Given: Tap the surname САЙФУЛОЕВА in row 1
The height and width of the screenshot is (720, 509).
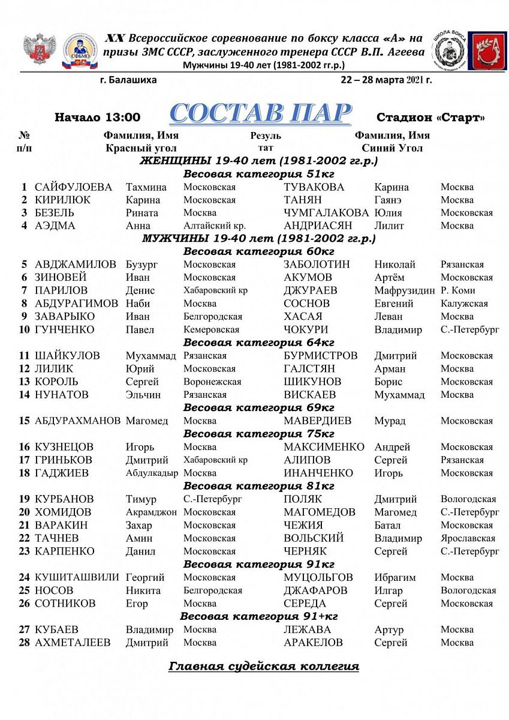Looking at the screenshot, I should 73,187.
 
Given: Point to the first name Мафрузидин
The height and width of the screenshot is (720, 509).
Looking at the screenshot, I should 404,291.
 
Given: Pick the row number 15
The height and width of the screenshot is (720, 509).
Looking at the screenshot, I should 24,421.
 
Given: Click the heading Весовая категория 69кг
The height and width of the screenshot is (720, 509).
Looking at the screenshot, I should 258,408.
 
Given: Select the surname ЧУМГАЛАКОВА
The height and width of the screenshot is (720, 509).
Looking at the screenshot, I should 326,213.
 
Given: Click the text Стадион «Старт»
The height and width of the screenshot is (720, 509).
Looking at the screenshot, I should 430,118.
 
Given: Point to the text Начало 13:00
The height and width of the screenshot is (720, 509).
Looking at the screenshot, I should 97,118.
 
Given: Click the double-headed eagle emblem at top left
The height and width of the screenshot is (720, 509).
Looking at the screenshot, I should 40,50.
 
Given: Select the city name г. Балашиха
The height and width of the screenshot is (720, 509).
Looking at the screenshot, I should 129,80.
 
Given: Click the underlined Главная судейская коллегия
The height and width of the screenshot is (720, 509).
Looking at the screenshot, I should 264,667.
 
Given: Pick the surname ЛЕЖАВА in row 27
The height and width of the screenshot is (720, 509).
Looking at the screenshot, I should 307,630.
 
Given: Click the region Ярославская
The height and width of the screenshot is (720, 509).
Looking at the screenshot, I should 468,539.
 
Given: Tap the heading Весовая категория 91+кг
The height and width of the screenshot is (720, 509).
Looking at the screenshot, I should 259,617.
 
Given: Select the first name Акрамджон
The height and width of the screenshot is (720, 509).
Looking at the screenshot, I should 151,512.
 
